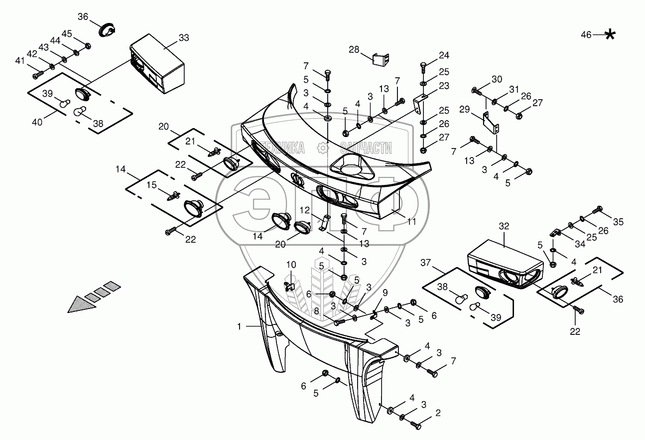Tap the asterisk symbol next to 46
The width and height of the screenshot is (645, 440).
click(x=609, y=34)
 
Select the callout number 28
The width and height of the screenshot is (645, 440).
click(x=354, y=49)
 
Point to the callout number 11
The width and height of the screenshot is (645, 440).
click(x=411, y=222)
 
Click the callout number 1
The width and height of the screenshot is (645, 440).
click(x=240, y=326)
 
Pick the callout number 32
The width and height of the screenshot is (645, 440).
click(x=504, y=226)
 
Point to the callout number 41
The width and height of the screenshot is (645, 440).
click(x=20, y=61)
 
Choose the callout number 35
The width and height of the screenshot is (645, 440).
click(x=618, y=222)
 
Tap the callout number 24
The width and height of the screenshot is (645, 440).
click(x=444, y=55)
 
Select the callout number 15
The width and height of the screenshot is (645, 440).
click(x=151, y=184)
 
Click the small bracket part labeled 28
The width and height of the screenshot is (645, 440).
click(x=381, y=59)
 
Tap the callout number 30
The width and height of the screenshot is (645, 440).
click(x=497, y=79)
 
